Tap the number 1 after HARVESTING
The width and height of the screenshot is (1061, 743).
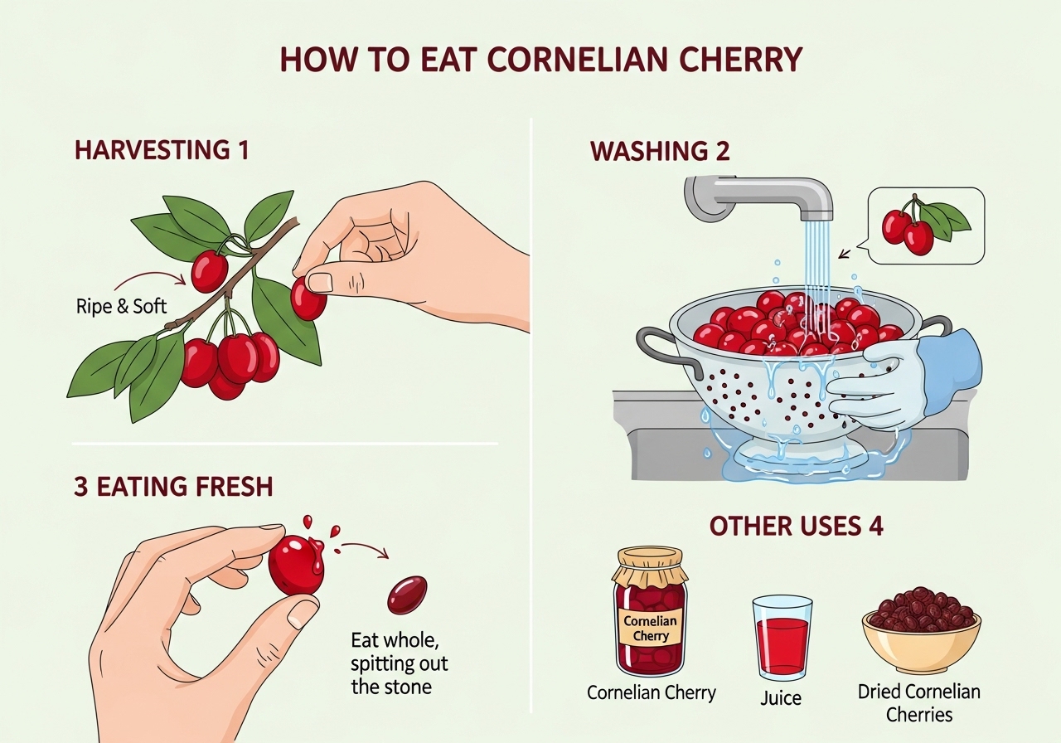click(242, 150)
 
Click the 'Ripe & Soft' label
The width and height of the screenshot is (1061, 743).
click(121, 306)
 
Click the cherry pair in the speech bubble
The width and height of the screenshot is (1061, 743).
click(907, 232)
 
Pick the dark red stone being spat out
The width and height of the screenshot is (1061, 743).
click(407, 595)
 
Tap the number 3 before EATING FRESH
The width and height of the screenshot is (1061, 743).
click(81, 487)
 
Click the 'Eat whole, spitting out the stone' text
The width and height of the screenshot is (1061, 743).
click(399, 663)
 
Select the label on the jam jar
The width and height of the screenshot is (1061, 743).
click(650, 628)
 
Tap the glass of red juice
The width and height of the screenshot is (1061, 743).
click(782, 638)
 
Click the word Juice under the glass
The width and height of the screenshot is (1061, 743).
click(781, 698)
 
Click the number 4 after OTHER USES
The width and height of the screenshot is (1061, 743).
click(876, 526)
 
